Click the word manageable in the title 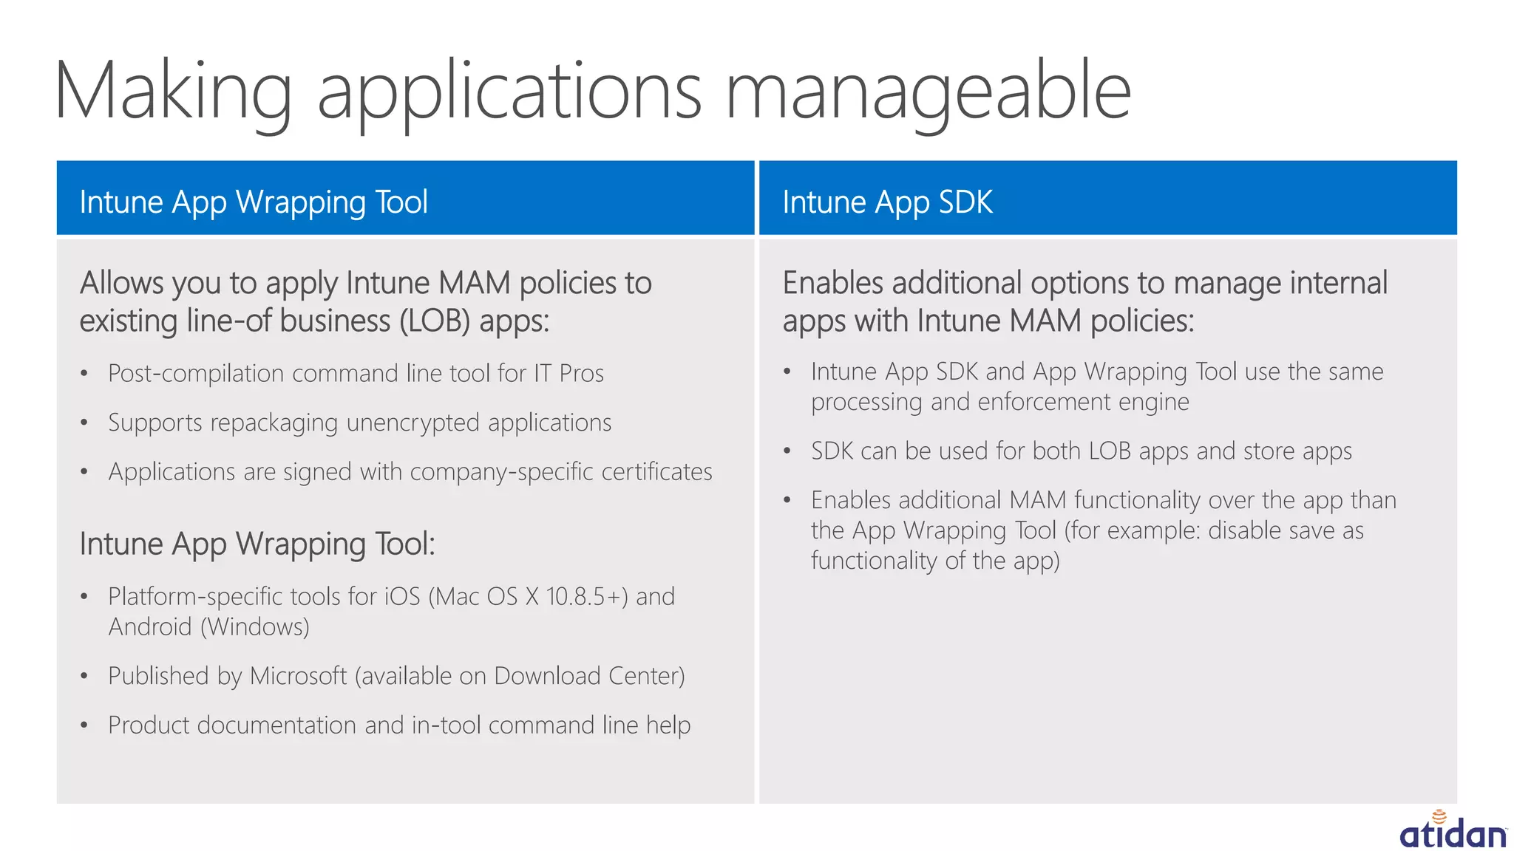(928, 92)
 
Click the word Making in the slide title (174, 92)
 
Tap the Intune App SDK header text (887, 202)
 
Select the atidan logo (1453, 831)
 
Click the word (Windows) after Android (255, 627)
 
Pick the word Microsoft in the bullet (298, 676)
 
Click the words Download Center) (589, 676)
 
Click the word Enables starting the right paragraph (832, 283)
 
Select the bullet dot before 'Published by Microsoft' (84, 676)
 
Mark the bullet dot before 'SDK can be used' (787, 451)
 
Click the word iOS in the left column (402, 596)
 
